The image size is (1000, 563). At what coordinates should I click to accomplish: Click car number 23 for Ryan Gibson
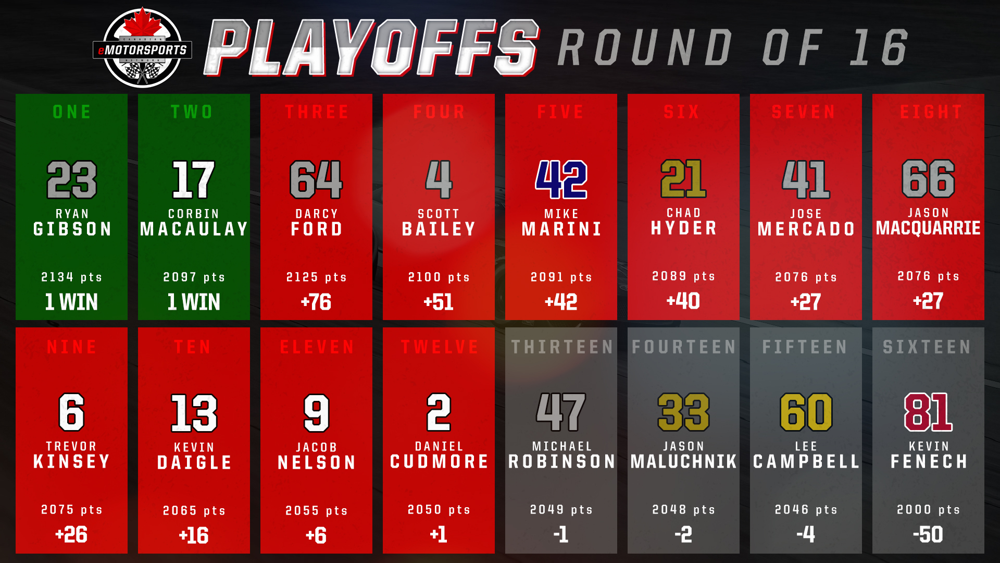(72, 179)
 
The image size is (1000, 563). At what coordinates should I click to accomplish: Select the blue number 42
(561, 179)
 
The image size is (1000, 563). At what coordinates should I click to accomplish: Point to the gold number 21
(683, 179)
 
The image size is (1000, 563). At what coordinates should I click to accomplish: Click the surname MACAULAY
(194, 229)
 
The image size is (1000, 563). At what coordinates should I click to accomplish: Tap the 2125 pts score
(316, 277)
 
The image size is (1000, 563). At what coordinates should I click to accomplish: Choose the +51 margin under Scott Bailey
(439, 302)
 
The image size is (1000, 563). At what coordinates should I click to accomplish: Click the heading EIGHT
(931, 112)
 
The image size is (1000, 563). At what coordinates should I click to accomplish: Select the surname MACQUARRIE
(928, 228)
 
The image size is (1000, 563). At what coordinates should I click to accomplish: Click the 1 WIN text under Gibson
(71, 302)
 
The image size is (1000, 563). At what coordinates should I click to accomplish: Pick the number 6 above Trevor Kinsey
(71, 412)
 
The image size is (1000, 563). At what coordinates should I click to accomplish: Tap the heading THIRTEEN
(562, 347)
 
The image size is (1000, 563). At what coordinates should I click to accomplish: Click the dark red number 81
(928, 412)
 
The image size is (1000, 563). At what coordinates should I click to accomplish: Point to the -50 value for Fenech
(928, 534)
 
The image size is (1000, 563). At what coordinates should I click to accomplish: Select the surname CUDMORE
(439, 461)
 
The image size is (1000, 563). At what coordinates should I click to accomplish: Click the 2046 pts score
(806, 509)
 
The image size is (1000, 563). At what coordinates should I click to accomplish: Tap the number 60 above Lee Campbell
(806, 412)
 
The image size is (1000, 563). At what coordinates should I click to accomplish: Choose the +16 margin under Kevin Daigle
(194, 535)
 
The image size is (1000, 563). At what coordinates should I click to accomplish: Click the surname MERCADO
(806, 229)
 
